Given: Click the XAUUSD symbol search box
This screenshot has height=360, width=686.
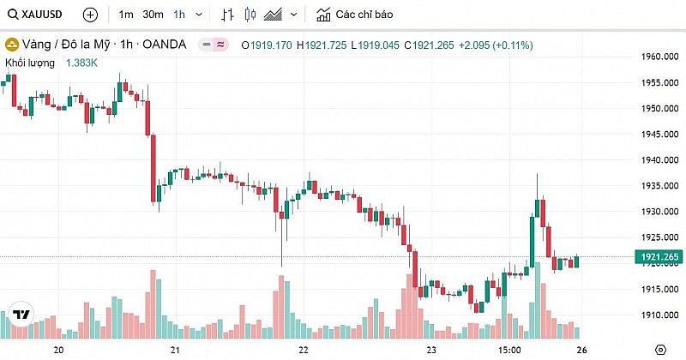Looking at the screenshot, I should (x=39, y=15).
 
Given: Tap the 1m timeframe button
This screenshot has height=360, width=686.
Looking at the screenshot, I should (x=126, y=15).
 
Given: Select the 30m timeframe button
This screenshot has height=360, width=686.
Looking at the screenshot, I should (x=153, y=15).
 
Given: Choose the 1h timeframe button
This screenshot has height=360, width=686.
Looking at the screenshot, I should (x=179, y=15).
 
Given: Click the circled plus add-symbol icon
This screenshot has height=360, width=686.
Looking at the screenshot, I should (x=90, y=15).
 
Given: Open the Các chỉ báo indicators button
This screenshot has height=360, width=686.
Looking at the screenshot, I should (x=355, y=15).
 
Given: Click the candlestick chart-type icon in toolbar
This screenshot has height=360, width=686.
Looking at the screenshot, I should (x=250, y=15).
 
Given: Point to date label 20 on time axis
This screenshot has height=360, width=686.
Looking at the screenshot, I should (x=59, y=350).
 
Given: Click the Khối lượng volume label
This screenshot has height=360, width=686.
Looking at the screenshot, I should (x=31, y=63).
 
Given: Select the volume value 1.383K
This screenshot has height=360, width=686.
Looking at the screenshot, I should (x=83, y=63).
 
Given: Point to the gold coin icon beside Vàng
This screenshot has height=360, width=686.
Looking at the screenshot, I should (x=12, y=45).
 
